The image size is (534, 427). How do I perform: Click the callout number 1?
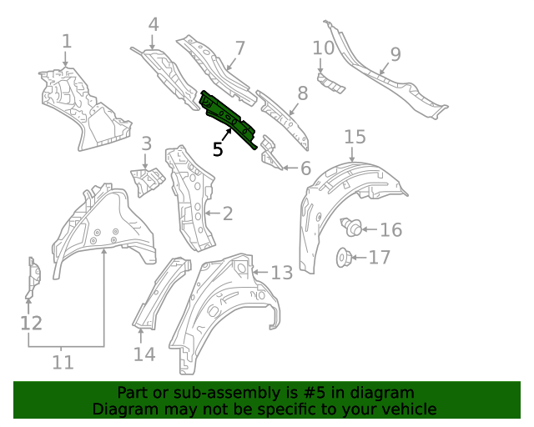(x=67, y=40)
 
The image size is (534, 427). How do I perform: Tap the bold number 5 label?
(x=218, y=149)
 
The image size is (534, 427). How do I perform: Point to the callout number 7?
(x=239, y=48)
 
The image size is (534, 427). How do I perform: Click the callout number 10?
(x=323, y=48)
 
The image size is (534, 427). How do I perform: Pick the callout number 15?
(x=355, y=136)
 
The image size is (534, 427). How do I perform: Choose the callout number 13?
(x=282, y=273)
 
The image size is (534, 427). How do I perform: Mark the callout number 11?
(x=63, y=362)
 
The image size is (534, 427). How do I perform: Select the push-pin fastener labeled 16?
(x=353, y=225)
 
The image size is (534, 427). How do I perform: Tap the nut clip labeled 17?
(x=343, y=258)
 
